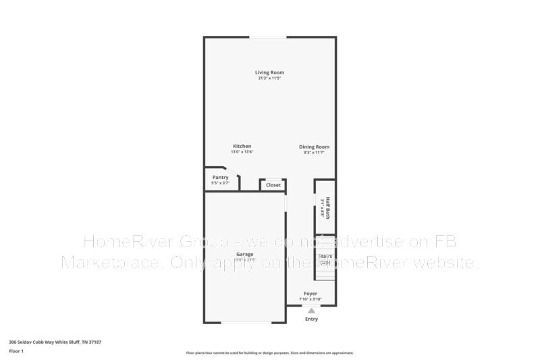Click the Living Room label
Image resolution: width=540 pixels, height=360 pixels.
tap(269, 72)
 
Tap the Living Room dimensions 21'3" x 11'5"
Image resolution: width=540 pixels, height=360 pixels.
tap(269, 78)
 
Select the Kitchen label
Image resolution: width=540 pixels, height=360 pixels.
tap(242, 146)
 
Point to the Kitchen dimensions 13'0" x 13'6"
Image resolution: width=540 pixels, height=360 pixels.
tap(242, 152)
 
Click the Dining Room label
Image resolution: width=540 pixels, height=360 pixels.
tap(315, 147)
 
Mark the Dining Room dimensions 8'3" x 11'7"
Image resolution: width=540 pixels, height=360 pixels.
tap(315, 153)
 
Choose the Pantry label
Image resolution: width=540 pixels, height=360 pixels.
tap(221, 177)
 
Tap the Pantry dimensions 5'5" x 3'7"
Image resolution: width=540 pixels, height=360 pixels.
tap(221, 183)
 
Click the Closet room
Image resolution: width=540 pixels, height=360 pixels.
tap(273, 184)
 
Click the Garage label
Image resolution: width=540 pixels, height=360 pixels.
tap(244, 254)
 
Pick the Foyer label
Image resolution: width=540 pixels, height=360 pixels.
tap(310, 294)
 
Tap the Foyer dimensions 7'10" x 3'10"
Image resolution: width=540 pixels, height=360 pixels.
tap(310, 299)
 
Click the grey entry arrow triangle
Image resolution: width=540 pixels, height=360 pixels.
tap(310, 311)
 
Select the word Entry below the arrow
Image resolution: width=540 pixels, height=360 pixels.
tap(310, 319)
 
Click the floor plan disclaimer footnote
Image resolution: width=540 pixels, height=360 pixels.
tap(269, 353)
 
